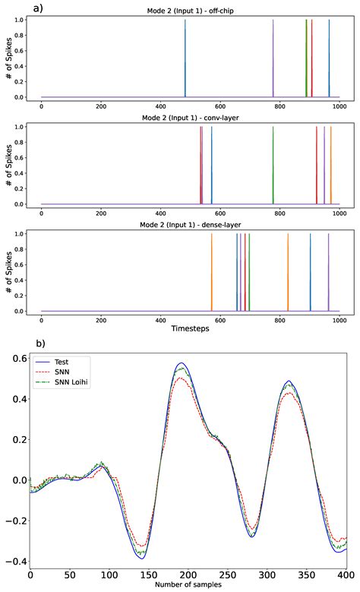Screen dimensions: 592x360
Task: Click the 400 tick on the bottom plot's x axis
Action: pos(346,575)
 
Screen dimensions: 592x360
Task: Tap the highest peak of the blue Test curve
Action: pos(181,363)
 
